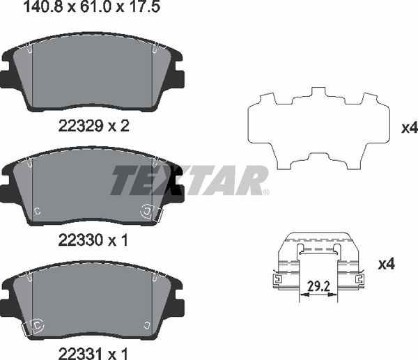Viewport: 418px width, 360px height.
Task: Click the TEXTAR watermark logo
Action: (x=188, y=181)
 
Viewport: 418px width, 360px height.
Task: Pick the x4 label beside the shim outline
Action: (x=409, y=128)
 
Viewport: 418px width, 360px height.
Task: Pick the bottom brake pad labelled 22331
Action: (x=93, y=299)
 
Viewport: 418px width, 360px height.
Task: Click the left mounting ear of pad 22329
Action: (x=8, y=77)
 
